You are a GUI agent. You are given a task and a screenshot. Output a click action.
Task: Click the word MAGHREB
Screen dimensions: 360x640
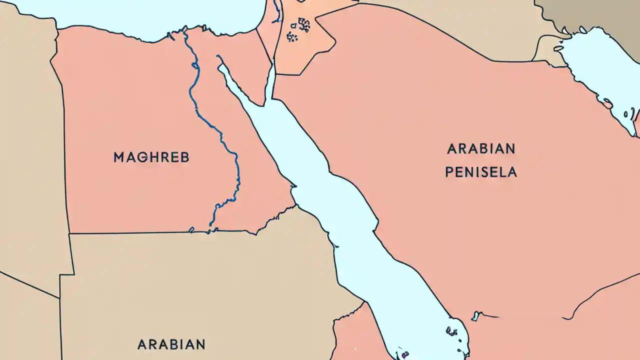pos(151,157)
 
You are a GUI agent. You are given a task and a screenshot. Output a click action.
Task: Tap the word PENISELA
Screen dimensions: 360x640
pos(480,172)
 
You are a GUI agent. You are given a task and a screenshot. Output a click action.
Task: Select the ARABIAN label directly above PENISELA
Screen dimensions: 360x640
pos(480,148)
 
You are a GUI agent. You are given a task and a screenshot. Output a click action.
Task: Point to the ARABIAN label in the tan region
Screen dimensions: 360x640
pos(171,344)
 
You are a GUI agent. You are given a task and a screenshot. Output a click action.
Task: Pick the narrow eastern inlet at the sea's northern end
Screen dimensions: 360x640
pos(271,82)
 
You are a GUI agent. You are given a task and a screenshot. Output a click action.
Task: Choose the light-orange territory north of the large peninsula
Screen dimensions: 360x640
pos(310,50)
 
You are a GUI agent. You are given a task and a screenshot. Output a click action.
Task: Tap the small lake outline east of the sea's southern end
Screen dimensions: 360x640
pos(476,316)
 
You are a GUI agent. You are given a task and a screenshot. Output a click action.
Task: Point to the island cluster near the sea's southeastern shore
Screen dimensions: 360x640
pos(452,330)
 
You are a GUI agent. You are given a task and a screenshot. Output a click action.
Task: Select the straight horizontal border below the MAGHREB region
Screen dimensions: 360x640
pos(140,232)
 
